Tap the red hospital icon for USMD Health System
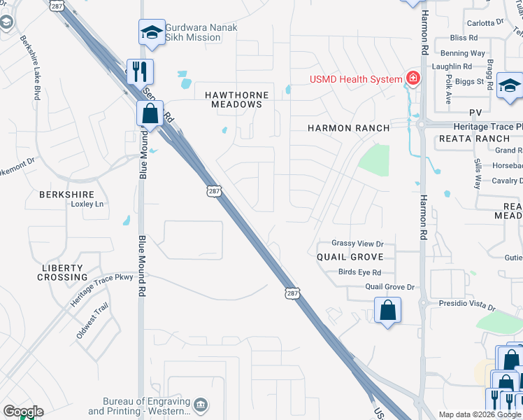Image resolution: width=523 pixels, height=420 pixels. (x=413, y=78)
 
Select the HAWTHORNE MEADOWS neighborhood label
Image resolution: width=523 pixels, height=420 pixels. (x=233, y=99)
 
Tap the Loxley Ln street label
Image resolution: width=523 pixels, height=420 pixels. (x=87, y=204)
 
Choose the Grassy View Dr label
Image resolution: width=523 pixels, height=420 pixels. (x=358, y=244)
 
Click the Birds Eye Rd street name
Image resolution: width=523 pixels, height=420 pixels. (x=359, y=272)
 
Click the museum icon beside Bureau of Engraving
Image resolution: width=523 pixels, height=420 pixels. (x=201, y=404)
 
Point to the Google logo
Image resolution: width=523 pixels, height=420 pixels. (x=22, y=412)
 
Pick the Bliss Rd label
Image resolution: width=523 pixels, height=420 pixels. (x=464, y=38)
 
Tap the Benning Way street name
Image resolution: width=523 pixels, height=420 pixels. (x=462, y=53)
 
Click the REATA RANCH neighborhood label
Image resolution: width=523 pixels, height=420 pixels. (x=466, y=139)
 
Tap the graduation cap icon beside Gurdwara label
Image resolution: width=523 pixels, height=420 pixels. (x=152, y=32)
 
